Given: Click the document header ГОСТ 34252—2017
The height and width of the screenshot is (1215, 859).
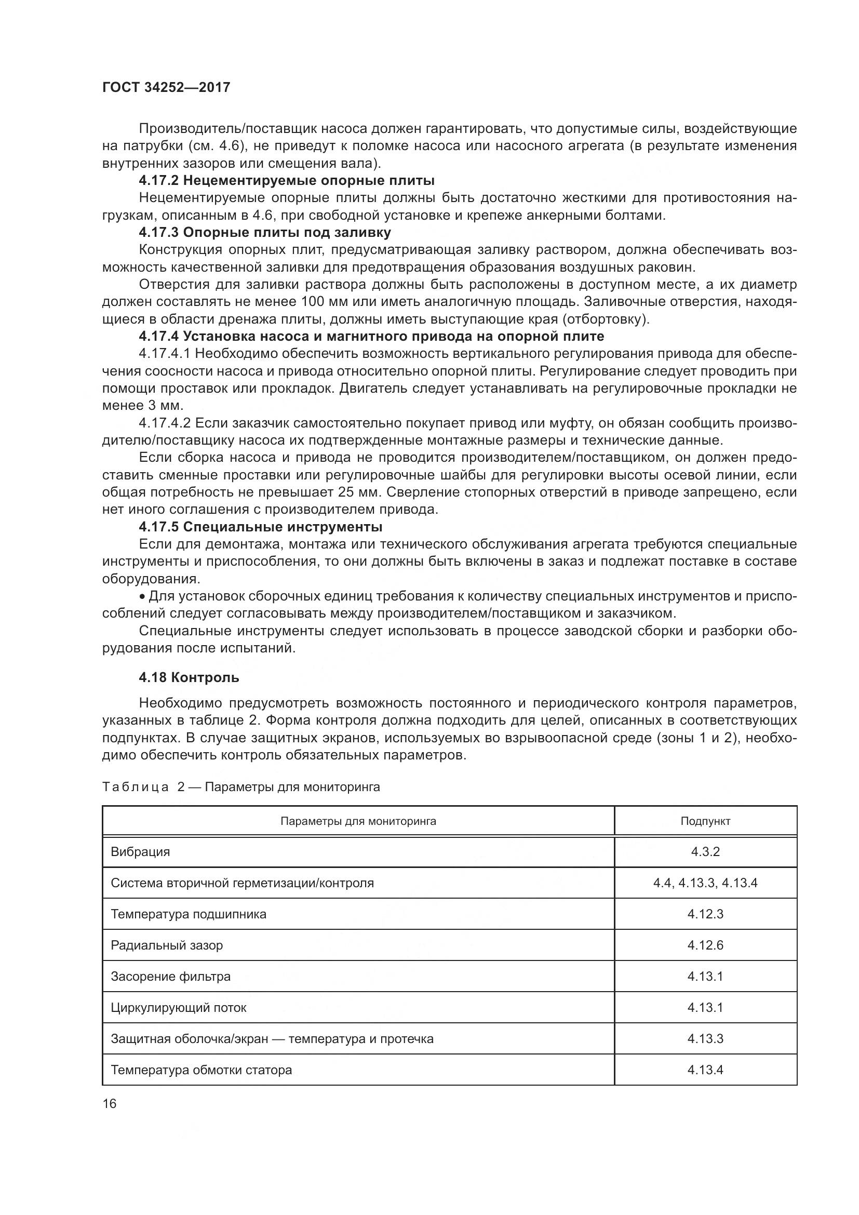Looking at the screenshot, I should (x=166, y=88).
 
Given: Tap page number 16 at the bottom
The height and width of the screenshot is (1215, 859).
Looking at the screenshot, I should (x=110, y=1104).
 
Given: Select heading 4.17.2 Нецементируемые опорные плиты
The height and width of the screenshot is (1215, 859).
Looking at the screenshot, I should (x=287, y=181).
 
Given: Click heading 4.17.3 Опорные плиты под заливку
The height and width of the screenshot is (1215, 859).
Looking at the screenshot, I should (x=264, y=232).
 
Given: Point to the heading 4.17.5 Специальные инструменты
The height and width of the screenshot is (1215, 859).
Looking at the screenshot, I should (x=260, y=527).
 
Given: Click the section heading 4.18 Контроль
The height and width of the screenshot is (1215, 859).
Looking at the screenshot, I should (x=189, y=677).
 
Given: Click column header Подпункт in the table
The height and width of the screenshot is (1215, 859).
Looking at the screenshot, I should (x=705, y=821).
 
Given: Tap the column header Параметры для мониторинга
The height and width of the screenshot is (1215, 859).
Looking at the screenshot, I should (x=358, y=821).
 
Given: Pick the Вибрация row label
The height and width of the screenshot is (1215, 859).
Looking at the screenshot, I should (x=140, y=852).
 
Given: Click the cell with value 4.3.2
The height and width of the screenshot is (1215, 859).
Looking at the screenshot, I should (x=705, y=852).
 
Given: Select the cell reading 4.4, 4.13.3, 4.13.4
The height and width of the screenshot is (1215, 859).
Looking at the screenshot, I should (x=705, y=883).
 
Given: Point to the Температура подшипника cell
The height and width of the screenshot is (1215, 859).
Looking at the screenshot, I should (x=189, y=914).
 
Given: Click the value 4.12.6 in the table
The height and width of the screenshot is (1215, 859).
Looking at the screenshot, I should (x=705, y=945).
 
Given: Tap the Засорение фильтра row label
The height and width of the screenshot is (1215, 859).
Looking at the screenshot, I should (x=170, y=977).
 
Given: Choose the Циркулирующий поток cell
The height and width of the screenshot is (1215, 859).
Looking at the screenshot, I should (x=178, y=1008).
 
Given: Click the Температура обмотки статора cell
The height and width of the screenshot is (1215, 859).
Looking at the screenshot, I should (x=201, y=1070).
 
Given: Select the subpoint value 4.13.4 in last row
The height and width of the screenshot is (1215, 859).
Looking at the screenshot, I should (x=705, y=1070).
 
